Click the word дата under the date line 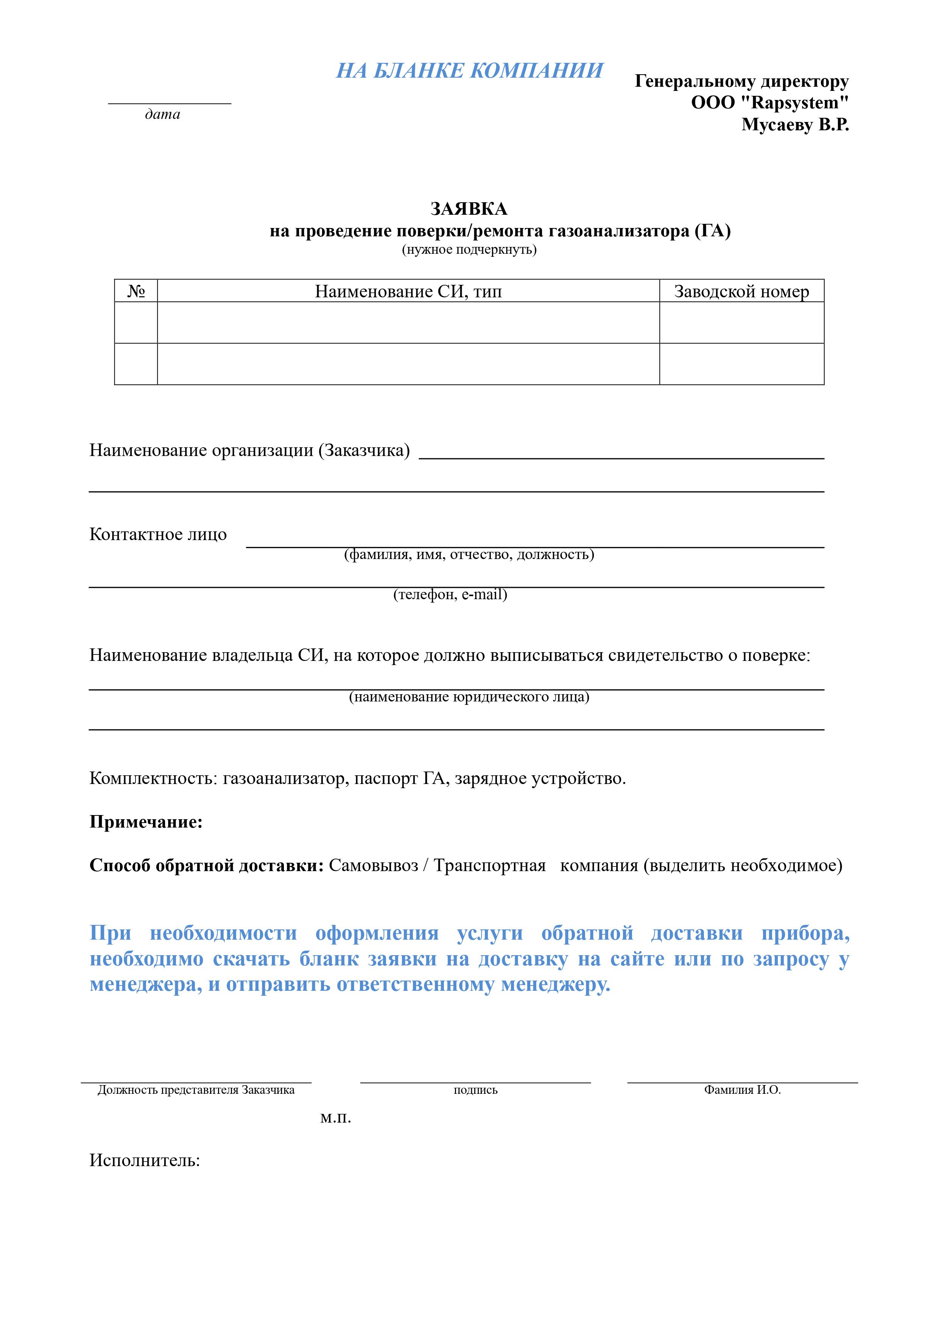pyautogui.click(x=163, y=115)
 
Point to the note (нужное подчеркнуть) pyautogui.click(x=469, y=250)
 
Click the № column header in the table pyautogui.click(x=136, y=291)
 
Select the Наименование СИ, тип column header pyautogui.click(x=408, y=291)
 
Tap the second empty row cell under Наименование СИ pyautogui.click(x=408, y=364)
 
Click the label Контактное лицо pyautogui.click(x=158, y=534)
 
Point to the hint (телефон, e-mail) pyautogui.click(x=450, y=595)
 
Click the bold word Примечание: pyautogui.click(x=146, y=822)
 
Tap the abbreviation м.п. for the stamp pyautogui.click(x=336, y=1118)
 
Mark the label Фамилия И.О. pyautogui.click(x=742, y=1090)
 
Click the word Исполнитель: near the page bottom pyautogui.click(x=145, y=1160)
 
